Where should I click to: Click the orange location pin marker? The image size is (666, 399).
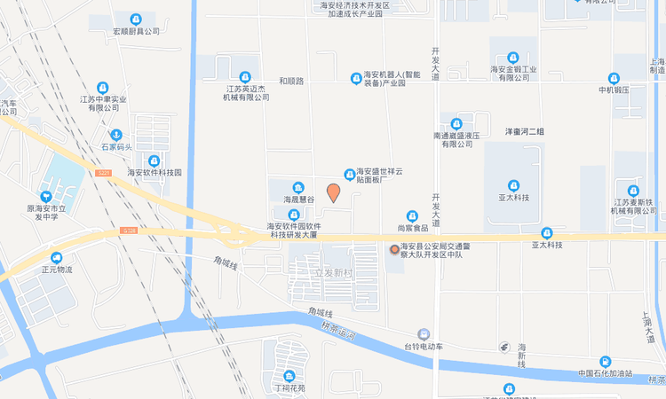coord(333,192)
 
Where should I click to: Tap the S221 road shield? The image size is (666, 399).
coord(104,172)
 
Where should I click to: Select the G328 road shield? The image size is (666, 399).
coord(130,232)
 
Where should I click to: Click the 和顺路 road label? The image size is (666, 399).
coord(291,81)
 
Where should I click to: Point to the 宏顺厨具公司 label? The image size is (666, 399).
coord(136,31)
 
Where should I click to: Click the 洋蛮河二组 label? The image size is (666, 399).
coord(524,132)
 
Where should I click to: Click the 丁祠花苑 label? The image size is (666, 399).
coord(289,388)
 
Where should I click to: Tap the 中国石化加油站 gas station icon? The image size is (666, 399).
coord(605,361)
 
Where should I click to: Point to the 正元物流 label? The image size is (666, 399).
coord(57,269)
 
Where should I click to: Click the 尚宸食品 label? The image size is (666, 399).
coord(412,228)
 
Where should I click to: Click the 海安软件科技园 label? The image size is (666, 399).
coord(155,173)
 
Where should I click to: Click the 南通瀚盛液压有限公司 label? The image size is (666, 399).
coord(456,138)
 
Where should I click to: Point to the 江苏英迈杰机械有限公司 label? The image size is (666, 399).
coord(245,92)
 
